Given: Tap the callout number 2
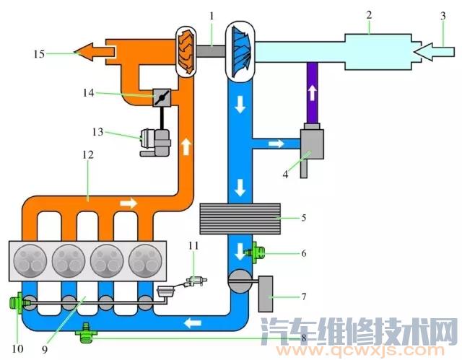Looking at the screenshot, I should point(369,14).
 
